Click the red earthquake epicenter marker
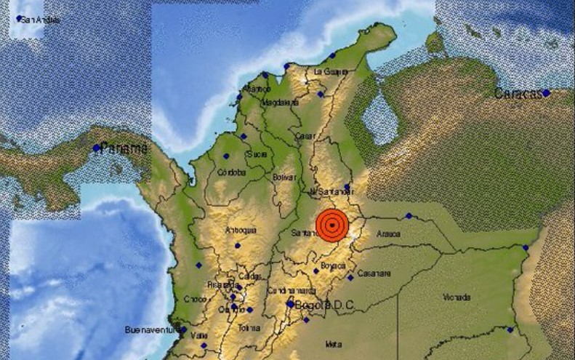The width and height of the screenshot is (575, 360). coord(331,225)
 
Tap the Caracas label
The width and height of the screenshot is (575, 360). coord(518,94)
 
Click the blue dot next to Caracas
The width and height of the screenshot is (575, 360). coord(545,93)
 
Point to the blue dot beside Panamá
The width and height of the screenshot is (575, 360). coord(97,148)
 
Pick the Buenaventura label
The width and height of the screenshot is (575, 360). coord(150,329)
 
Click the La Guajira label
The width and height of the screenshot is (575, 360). coord(331,71)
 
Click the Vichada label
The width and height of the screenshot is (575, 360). coord(457,297)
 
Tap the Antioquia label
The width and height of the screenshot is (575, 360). coord(242,231)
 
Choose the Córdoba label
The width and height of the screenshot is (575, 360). coord(230,173)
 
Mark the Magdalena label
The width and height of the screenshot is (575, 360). coord(277,103)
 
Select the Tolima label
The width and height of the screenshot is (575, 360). coord(249,329)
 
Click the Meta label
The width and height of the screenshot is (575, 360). coord(334,343)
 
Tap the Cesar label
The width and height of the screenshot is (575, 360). coord(305,136)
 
